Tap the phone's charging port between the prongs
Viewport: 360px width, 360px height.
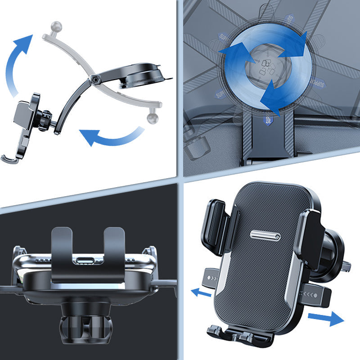[88, 261]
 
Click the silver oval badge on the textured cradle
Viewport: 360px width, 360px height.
[265, 235]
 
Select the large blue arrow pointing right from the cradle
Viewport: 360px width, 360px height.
[325, 319]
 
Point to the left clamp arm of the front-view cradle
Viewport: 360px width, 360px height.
[216, 225]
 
